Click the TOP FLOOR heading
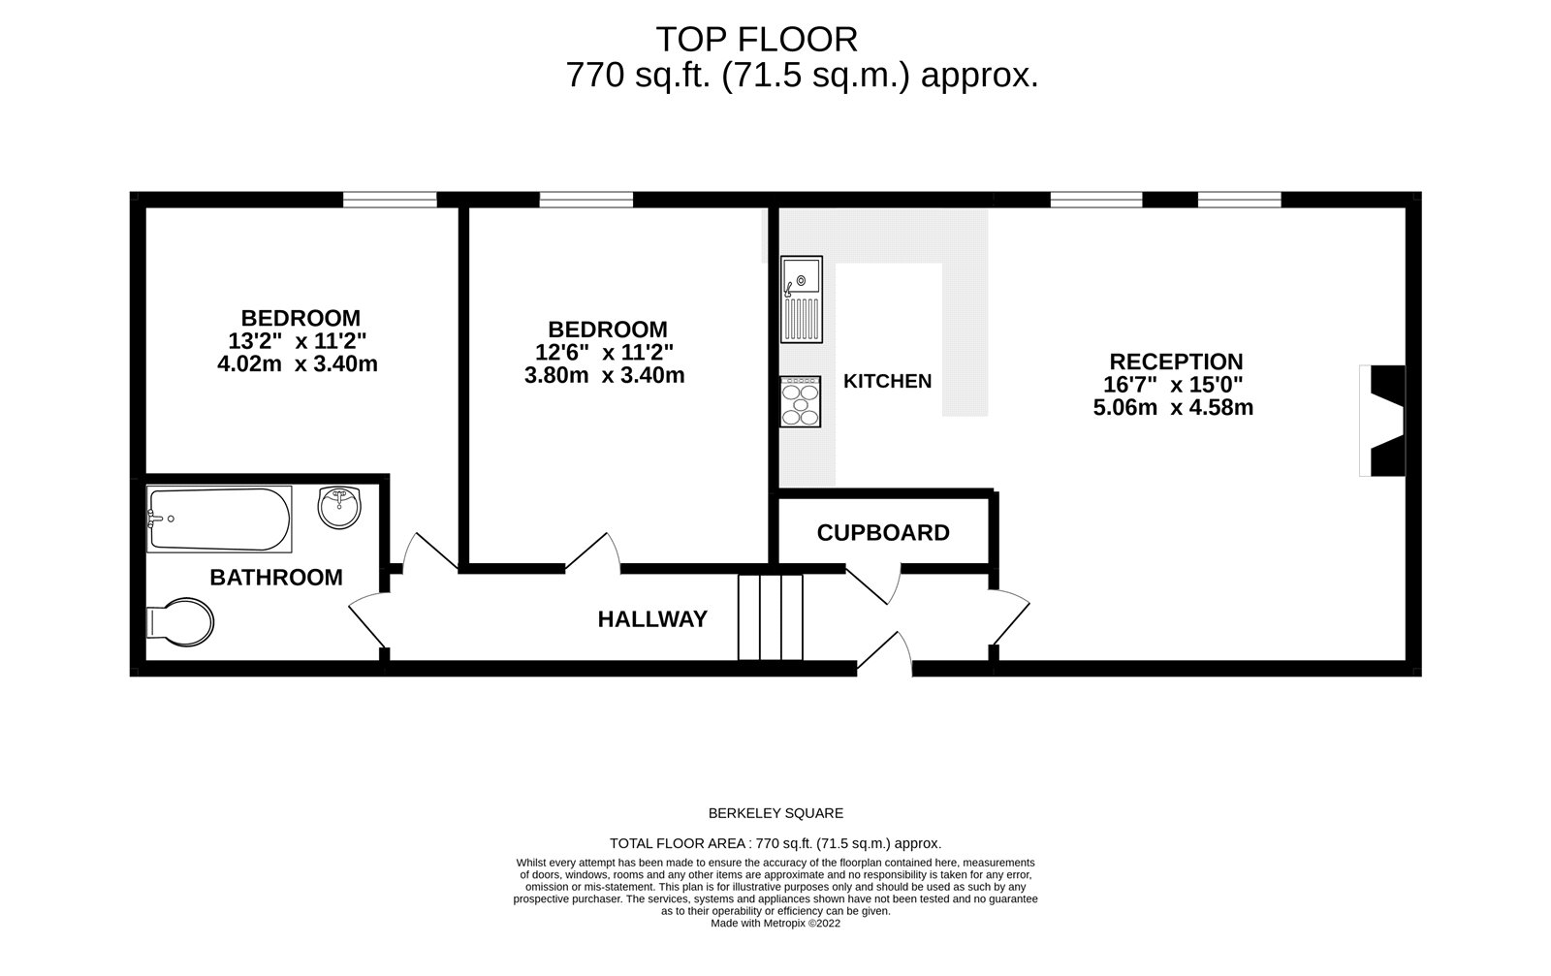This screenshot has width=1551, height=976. coord(756,40)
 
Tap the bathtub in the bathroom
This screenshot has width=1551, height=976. coord(219,519)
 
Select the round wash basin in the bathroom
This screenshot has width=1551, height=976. coord(339,507)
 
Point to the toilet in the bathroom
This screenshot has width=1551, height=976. coord(180,621)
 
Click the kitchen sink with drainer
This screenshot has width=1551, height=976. coord(802,299)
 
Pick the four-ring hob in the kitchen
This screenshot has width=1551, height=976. coord(801,401)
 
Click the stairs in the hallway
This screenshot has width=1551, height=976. coord(771,617)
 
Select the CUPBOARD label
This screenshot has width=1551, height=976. coord(883,533)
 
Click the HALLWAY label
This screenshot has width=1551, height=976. coord(652,619)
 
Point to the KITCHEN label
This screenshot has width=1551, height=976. coord(887,382)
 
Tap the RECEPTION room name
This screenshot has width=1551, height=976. coord(1176,362)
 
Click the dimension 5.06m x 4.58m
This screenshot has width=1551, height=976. coord(1173,408)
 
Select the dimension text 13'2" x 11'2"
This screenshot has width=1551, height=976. coord(298,341)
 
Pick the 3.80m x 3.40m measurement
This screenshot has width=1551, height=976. coord(604,376)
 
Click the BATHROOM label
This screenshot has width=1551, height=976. coord(276,578)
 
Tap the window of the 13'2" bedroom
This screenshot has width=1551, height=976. coord(390,200)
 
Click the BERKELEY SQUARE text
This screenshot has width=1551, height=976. coord(775,814)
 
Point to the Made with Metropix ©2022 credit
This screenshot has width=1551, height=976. coord(775,924)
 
